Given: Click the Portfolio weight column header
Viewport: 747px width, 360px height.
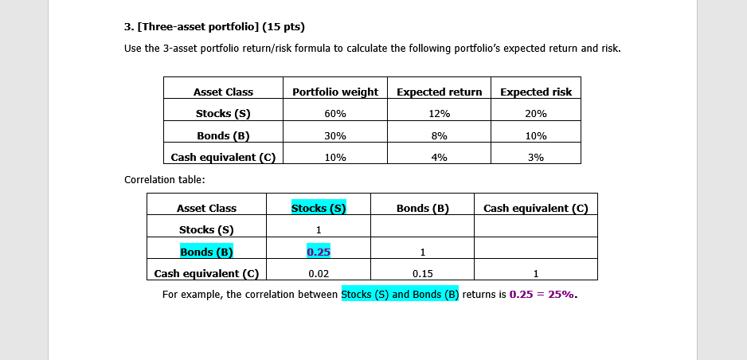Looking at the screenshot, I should [x=335, y=92].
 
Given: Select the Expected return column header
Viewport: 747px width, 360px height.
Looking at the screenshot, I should [x=439, y=92].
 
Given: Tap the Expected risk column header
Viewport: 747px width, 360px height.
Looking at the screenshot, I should [x=536, y=92].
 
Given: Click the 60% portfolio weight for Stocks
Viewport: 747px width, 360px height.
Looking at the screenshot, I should [x=335, y=114].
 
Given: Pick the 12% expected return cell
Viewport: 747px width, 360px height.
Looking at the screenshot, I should [x=439, y=114].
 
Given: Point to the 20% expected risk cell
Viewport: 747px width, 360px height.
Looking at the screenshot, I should [x=536, y=114].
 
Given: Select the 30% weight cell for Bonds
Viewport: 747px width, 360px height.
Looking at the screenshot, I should [x=335, y=135].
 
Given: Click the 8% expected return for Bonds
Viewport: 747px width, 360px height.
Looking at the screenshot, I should [x=439, y=135].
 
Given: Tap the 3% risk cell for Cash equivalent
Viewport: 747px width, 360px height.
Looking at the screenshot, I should [x=536, y=158].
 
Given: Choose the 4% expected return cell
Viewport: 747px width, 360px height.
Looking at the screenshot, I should [x=439, y=158].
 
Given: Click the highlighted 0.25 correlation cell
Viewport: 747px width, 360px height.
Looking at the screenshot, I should [x=319, y=252].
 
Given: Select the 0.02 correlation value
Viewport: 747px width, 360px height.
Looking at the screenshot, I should [x=319, y=274].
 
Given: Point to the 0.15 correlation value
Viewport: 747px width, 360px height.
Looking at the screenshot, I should [x=422, y=274].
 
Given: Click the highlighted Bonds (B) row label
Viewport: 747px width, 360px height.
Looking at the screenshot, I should [x=206, y=252].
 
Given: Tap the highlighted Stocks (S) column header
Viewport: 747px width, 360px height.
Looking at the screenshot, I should [x=319, y=208].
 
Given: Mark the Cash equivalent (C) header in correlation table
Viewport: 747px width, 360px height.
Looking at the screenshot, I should [x=535, y=208].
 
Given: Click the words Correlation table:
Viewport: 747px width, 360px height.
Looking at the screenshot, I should [x=159, y=179].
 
